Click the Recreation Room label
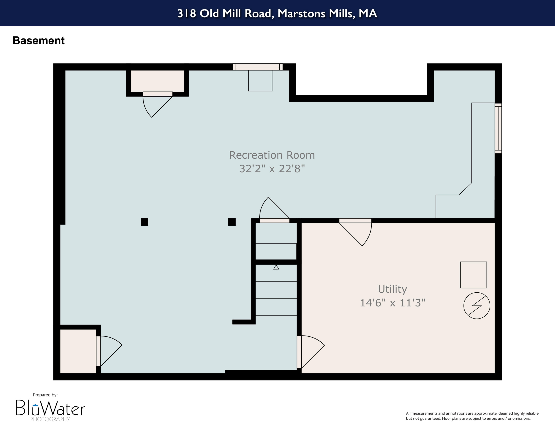pyautogui.click(x=272, y=155)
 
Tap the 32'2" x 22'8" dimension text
pyautogui.click(x=272, y=168)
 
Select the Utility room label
pyautogui.click(x=392, y=289)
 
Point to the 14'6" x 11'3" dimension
pyautogui.click(x=392, y=303)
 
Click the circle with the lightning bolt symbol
pyautogui.click(x=477, y=306)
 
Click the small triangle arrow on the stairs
pyautogui.click(x=276, y=267)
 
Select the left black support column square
pyautogui.click(x=144, y=222)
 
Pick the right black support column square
pyautogui.click(x=232, y=222)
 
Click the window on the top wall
pyautogui.click(x=258, y=67)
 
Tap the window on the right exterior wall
pyautogui.click(x=498, y=128)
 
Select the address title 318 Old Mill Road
pyautogui.click(x=277, y=14)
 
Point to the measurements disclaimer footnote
pyautogui.click(x=472, y=416)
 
